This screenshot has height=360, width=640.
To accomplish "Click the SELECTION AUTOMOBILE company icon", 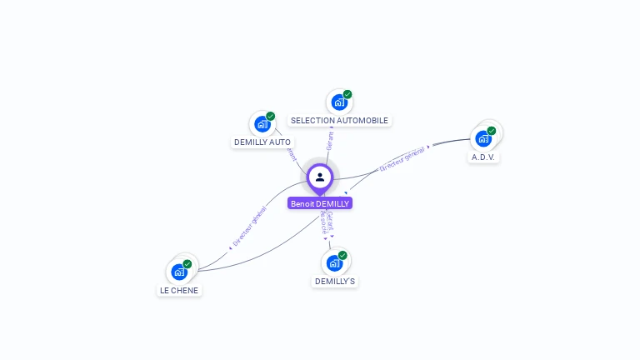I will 338,102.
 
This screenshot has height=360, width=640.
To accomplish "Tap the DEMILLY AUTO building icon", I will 262,125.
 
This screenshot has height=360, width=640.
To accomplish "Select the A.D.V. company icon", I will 483,138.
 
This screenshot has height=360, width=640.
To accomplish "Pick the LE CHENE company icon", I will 179,272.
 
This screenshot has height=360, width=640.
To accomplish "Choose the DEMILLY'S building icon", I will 334,263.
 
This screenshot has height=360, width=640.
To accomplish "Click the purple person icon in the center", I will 320,177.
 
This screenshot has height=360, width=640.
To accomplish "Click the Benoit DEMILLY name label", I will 320,203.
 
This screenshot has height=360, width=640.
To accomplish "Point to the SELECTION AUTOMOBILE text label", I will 339,121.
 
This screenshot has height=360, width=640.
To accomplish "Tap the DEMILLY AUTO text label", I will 262,142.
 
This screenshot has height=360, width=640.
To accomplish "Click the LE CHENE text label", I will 179,291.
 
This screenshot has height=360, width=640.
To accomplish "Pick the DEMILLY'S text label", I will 335,282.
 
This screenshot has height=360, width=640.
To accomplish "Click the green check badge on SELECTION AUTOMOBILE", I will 347,94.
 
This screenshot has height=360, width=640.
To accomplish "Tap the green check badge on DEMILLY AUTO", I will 271,117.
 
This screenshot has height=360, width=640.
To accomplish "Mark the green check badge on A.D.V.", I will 492,131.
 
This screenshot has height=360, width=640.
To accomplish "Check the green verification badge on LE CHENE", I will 187,264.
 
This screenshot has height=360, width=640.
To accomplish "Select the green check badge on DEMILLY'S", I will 342,255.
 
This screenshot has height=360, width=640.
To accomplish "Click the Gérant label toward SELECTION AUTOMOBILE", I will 330,141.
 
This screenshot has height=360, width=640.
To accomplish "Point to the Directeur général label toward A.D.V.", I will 403,158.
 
